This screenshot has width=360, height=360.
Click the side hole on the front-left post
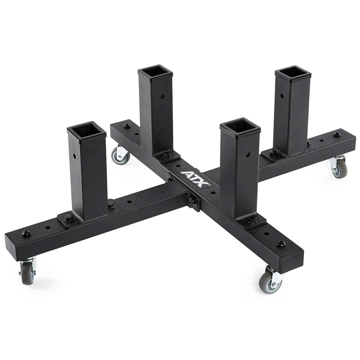point(74,156)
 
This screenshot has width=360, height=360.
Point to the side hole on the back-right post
point(282,96)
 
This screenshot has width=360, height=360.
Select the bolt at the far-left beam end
point(23,233)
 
